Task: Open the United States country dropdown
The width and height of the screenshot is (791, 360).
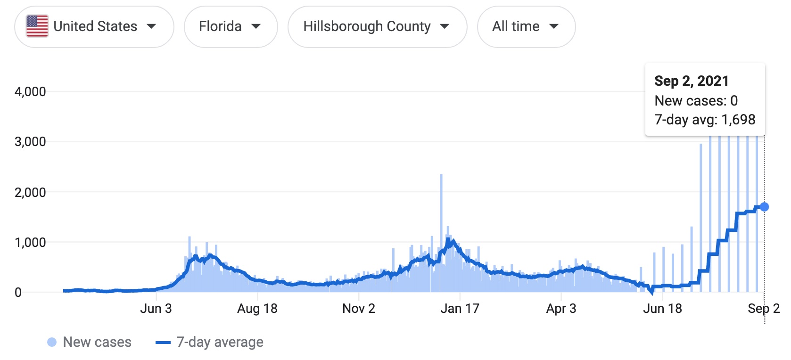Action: point(94,26)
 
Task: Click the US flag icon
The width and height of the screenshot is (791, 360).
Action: point(37,26)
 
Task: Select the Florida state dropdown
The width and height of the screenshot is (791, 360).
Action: point(231,26)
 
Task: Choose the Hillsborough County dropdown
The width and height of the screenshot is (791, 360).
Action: point(377,26)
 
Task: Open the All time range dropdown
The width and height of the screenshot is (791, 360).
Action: point(526,26)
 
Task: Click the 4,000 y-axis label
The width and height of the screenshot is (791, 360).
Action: point(30,91)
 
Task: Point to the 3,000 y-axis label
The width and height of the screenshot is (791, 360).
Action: point(30,141)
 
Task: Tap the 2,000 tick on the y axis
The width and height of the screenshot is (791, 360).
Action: point(30,192)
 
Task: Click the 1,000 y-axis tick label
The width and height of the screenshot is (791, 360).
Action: point(30,242)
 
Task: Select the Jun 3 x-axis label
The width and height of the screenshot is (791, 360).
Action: point(156,309)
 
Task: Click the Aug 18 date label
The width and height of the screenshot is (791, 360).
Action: point(257,309)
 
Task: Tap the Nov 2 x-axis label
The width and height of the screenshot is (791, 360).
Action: point(359,309)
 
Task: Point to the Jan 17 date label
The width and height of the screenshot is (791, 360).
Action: point(460,309)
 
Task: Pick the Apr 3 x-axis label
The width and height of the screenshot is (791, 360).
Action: point(561,309)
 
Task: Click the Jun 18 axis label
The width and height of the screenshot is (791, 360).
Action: point(662,309)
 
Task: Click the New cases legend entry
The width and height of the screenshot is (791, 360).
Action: point(90,342)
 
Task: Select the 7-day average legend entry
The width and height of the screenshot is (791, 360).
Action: point(210,342)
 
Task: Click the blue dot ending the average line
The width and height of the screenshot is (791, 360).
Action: point(764,207)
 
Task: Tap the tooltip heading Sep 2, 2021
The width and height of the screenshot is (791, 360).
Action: point(691,81)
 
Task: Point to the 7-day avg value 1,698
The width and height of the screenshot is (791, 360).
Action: point(738,120)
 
